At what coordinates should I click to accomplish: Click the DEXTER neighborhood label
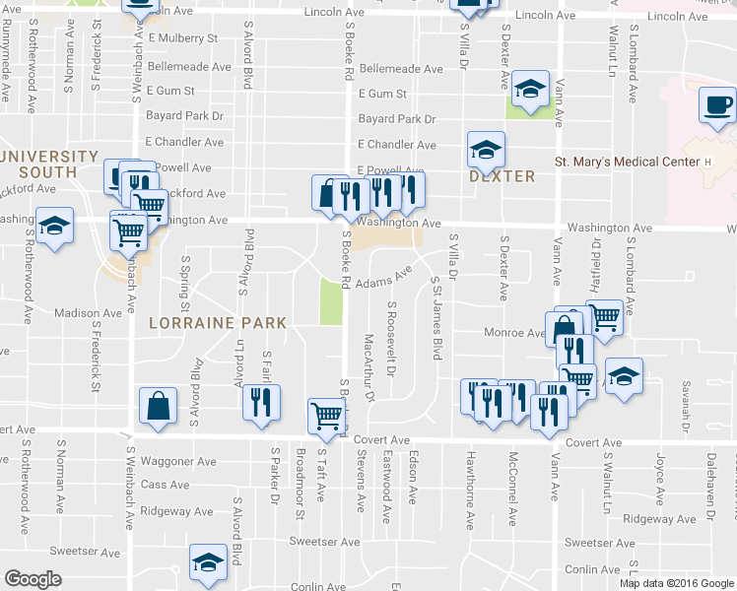(502, 176)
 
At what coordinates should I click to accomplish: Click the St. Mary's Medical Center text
(625, 162)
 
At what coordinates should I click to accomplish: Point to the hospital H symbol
(706, 162)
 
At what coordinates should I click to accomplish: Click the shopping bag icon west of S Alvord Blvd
(159, 406)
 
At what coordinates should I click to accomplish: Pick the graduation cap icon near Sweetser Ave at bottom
(207, 563)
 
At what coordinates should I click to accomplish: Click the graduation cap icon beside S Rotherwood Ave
(55, 225)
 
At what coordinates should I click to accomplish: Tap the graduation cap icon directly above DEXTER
(486, 149)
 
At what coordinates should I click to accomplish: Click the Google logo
(33, 579)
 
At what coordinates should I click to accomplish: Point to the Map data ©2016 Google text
(675, 583)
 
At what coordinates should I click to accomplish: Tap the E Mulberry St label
(183, 38)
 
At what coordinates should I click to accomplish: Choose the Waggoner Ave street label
(179, 461)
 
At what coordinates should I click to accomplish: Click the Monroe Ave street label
(514, 333)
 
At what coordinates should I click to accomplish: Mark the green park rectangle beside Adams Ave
(331, 301)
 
